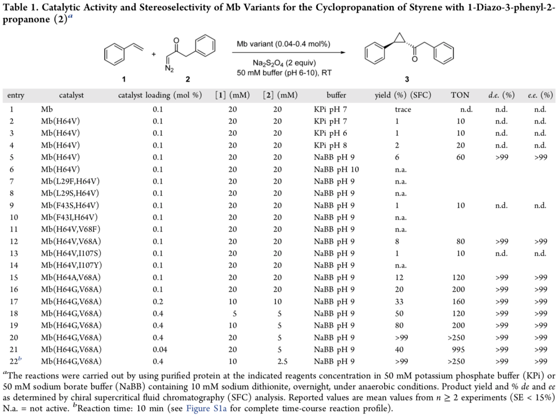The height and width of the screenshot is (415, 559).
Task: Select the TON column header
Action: [x=460, y=96]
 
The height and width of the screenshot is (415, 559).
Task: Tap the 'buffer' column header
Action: [x=336, y=96]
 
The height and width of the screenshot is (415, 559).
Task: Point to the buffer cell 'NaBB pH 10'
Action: [x=336, y=169]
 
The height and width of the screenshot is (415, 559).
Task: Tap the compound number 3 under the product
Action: [x=407, y=80]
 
